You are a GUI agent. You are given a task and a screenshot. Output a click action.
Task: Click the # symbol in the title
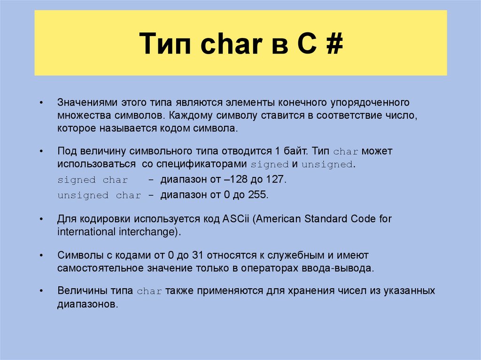click(x=333, y=44)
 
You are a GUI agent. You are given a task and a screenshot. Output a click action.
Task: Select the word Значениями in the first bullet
click(x=87, y=102)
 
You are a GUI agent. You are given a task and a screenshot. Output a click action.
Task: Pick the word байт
click(x=294, y=151)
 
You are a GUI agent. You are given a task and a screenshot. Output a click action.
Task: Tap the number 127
click(x=275, y=179)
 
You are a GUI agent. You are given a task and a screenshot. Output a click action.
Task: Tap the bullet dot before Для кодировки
click(x=42, y=219)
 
